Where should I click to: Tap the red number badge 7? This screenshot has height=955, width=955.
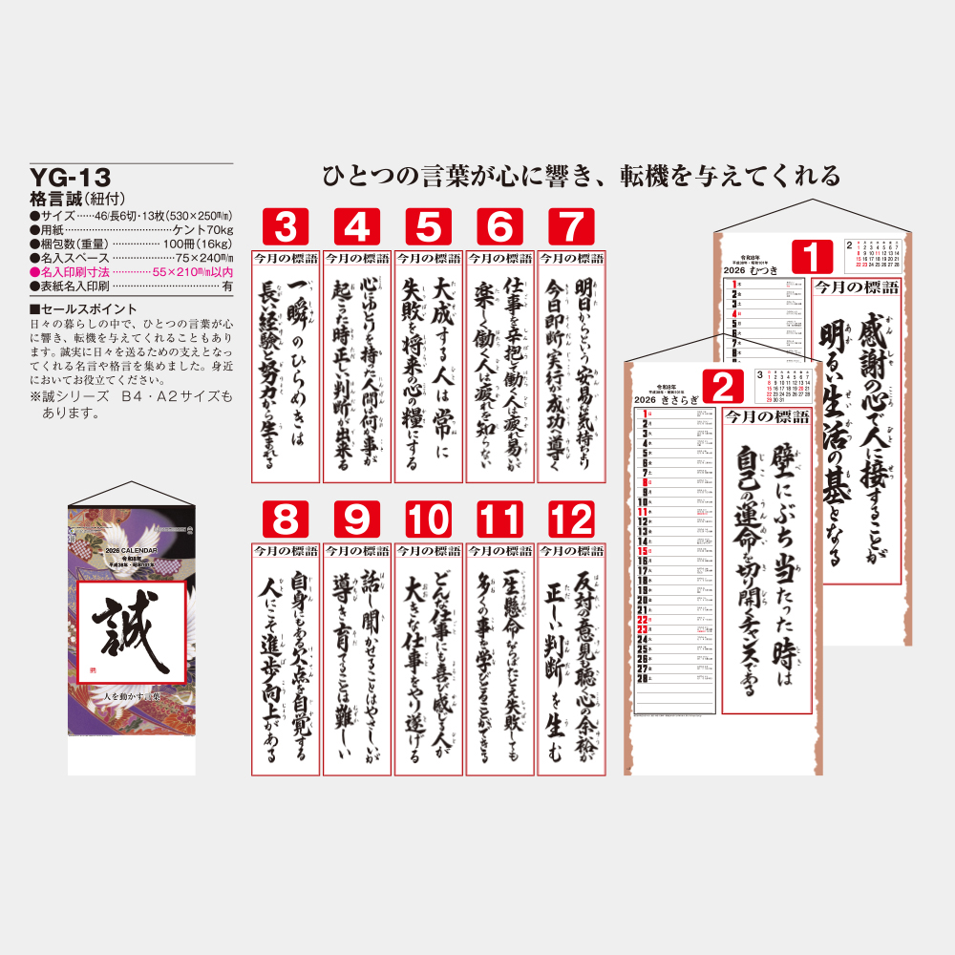click(571, 228)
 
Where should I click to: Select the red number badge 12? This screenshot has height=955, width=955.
click(571, 521)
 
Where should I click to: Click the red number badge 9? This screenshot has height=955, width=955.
click(356, 521)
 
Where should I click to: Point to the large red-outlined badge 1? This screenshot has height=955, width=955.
click(811, 258)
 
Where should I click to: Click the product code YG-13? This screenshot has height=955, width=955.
click(71, 178)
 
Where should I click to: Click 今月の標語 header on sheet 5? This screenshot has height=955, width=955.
click(428, 259)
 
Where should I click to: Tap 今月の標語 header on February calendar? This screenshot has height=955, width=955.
click(766, 416)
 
